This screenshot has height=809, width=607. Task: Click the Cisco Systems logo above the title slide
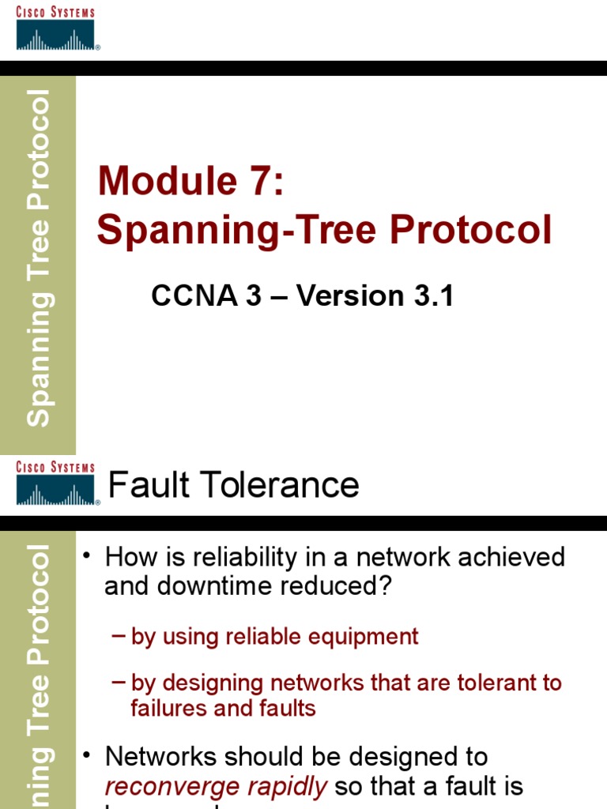click(x=55, y=29)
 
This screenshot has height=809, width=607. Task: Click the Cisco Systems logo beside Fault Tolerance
click(x=55, y=484)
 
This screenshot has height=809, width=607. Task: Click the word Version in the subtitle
click(x=351, y=296)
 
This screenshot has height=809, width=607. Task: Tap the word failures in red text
click(x=169, y=708)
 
